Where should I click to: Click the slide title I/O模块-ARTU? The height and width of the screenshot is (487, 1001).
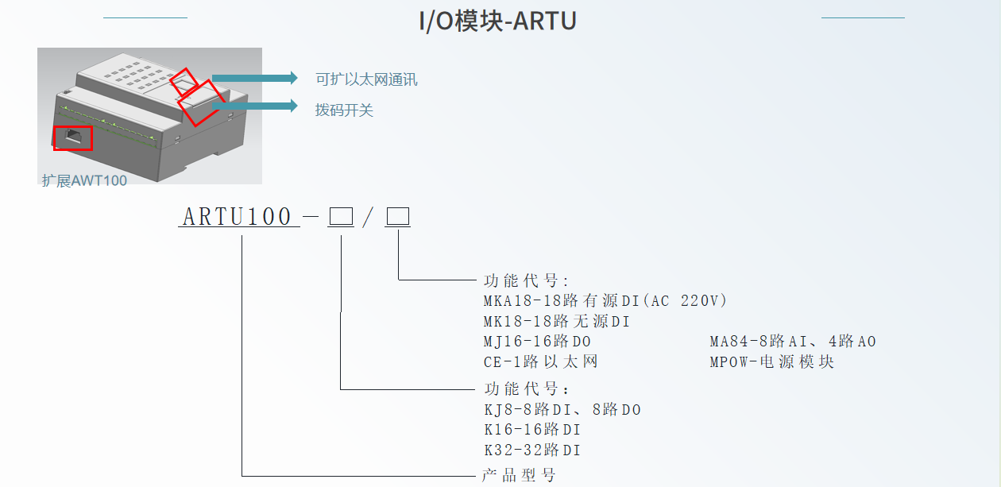point(497,21)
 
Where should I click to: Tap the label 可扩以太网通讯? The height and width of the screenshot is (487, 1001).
point(366,79)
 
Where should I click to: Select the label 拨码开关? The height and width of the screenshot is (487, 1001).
point(344,110)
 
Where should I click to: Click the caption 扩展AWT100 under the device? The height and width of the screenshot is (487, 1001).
point(84,180)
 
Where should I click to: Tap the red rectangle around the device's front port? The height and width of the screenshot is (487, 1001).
point(73,137)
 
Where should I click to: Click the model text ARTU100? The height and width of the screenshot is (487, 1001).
point(238,217)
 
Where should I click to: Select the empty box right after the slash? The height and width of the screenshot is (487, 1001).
point(397,217)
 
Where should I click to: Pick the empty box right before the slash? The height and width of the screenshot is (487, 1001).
point(341,217)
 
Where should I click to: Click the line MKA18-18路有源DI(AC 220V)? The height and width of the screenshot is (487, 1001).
point(605,301)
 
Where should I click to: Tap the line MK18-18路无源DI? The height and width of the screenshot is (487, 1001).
point(556,322)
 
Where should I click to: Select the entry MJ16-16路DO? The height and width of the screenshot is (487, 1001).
point(537,342)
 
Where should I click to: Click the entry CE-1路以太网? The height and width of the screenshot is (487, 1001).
point(540,362)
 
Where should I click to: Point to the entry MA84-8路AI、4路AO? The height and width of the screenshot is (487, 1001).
point(792,342)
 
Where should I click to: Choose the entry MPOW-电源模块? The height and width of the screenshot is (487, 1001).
point(771,362)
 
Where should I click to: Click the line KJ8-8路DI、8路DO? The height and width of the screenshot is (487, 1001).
point(562,410)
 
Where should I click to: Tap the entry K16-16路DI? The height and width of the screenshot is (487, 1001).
point(531,430)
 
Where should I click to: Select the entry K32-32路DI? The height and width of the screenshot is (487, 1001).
point(531,450)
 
